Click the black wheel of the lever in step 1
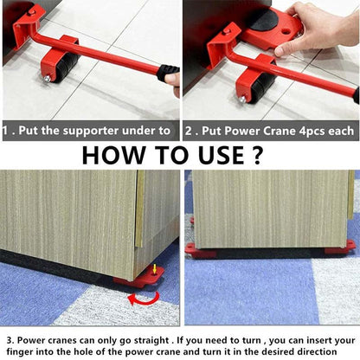pyautogui.click(x=58, y=64)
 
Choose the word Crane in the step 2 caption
pyautogui.click(x=286, y=130)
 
